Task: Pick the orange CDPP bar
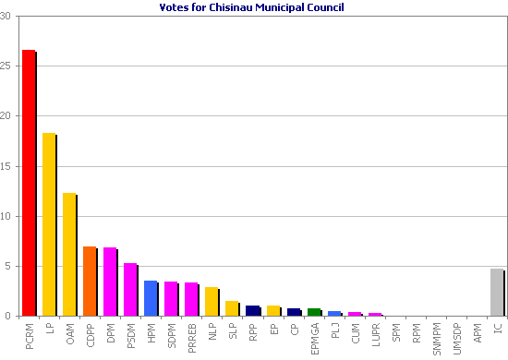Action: coord(90,281)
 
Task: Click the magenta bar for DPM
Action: coord(110,282)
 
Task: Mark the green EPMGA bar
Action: coord(313,312)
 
